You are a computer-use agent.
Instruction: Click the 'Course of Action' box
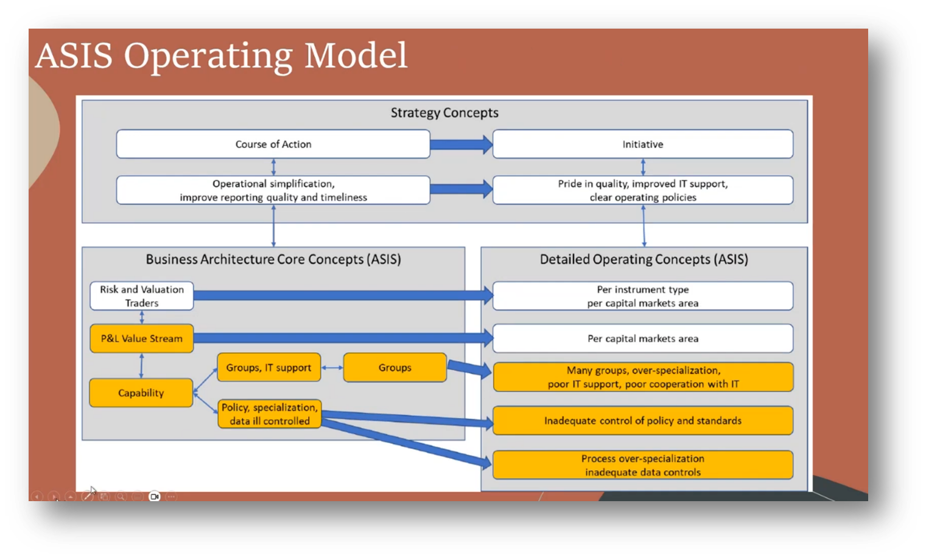(273, 144)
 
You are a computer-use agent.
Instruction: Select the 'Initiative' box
(643, 144)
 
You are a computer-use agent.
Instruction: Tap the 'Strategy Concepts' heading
(444, 113)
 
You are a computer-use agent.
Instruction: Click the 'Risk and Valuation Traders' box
(142, 296)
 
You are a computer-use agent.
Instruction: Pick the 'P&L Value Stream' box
(142, 339)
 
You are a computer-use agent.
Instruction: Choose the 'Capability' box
(141, 393)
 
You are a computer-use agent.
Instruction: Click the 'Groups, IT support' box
(268, 367)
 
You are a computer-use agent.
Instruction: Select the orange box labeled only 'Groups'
(395, 367)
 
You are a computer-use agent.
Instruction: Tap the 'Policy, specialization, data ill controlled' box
(270, 414)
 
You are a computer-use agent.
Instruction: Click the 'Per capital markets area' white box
(643, 339)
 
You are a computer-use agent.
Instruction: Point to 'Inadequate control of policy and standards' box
(643, 421)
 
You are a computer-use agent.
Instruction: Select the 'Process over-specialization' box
(643, 465)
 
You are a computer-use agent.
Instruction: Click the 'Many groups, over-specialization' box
(643, 377)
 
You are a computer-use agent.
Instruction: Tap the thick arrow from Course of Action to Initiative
(461, 144)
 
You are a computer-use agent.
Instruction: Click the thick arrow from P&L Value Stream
(343, 338)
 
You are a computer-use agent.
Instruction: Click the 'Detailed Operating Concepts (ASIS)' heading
(644, 259)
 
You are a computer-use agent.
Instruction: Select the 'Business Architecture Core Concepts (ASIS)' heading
(273, 259)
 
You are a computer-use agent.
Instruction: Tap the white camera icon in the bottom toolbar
(154, 496)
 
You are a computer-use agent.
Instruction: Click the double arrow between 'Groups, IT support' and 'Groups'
(332, 367)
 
